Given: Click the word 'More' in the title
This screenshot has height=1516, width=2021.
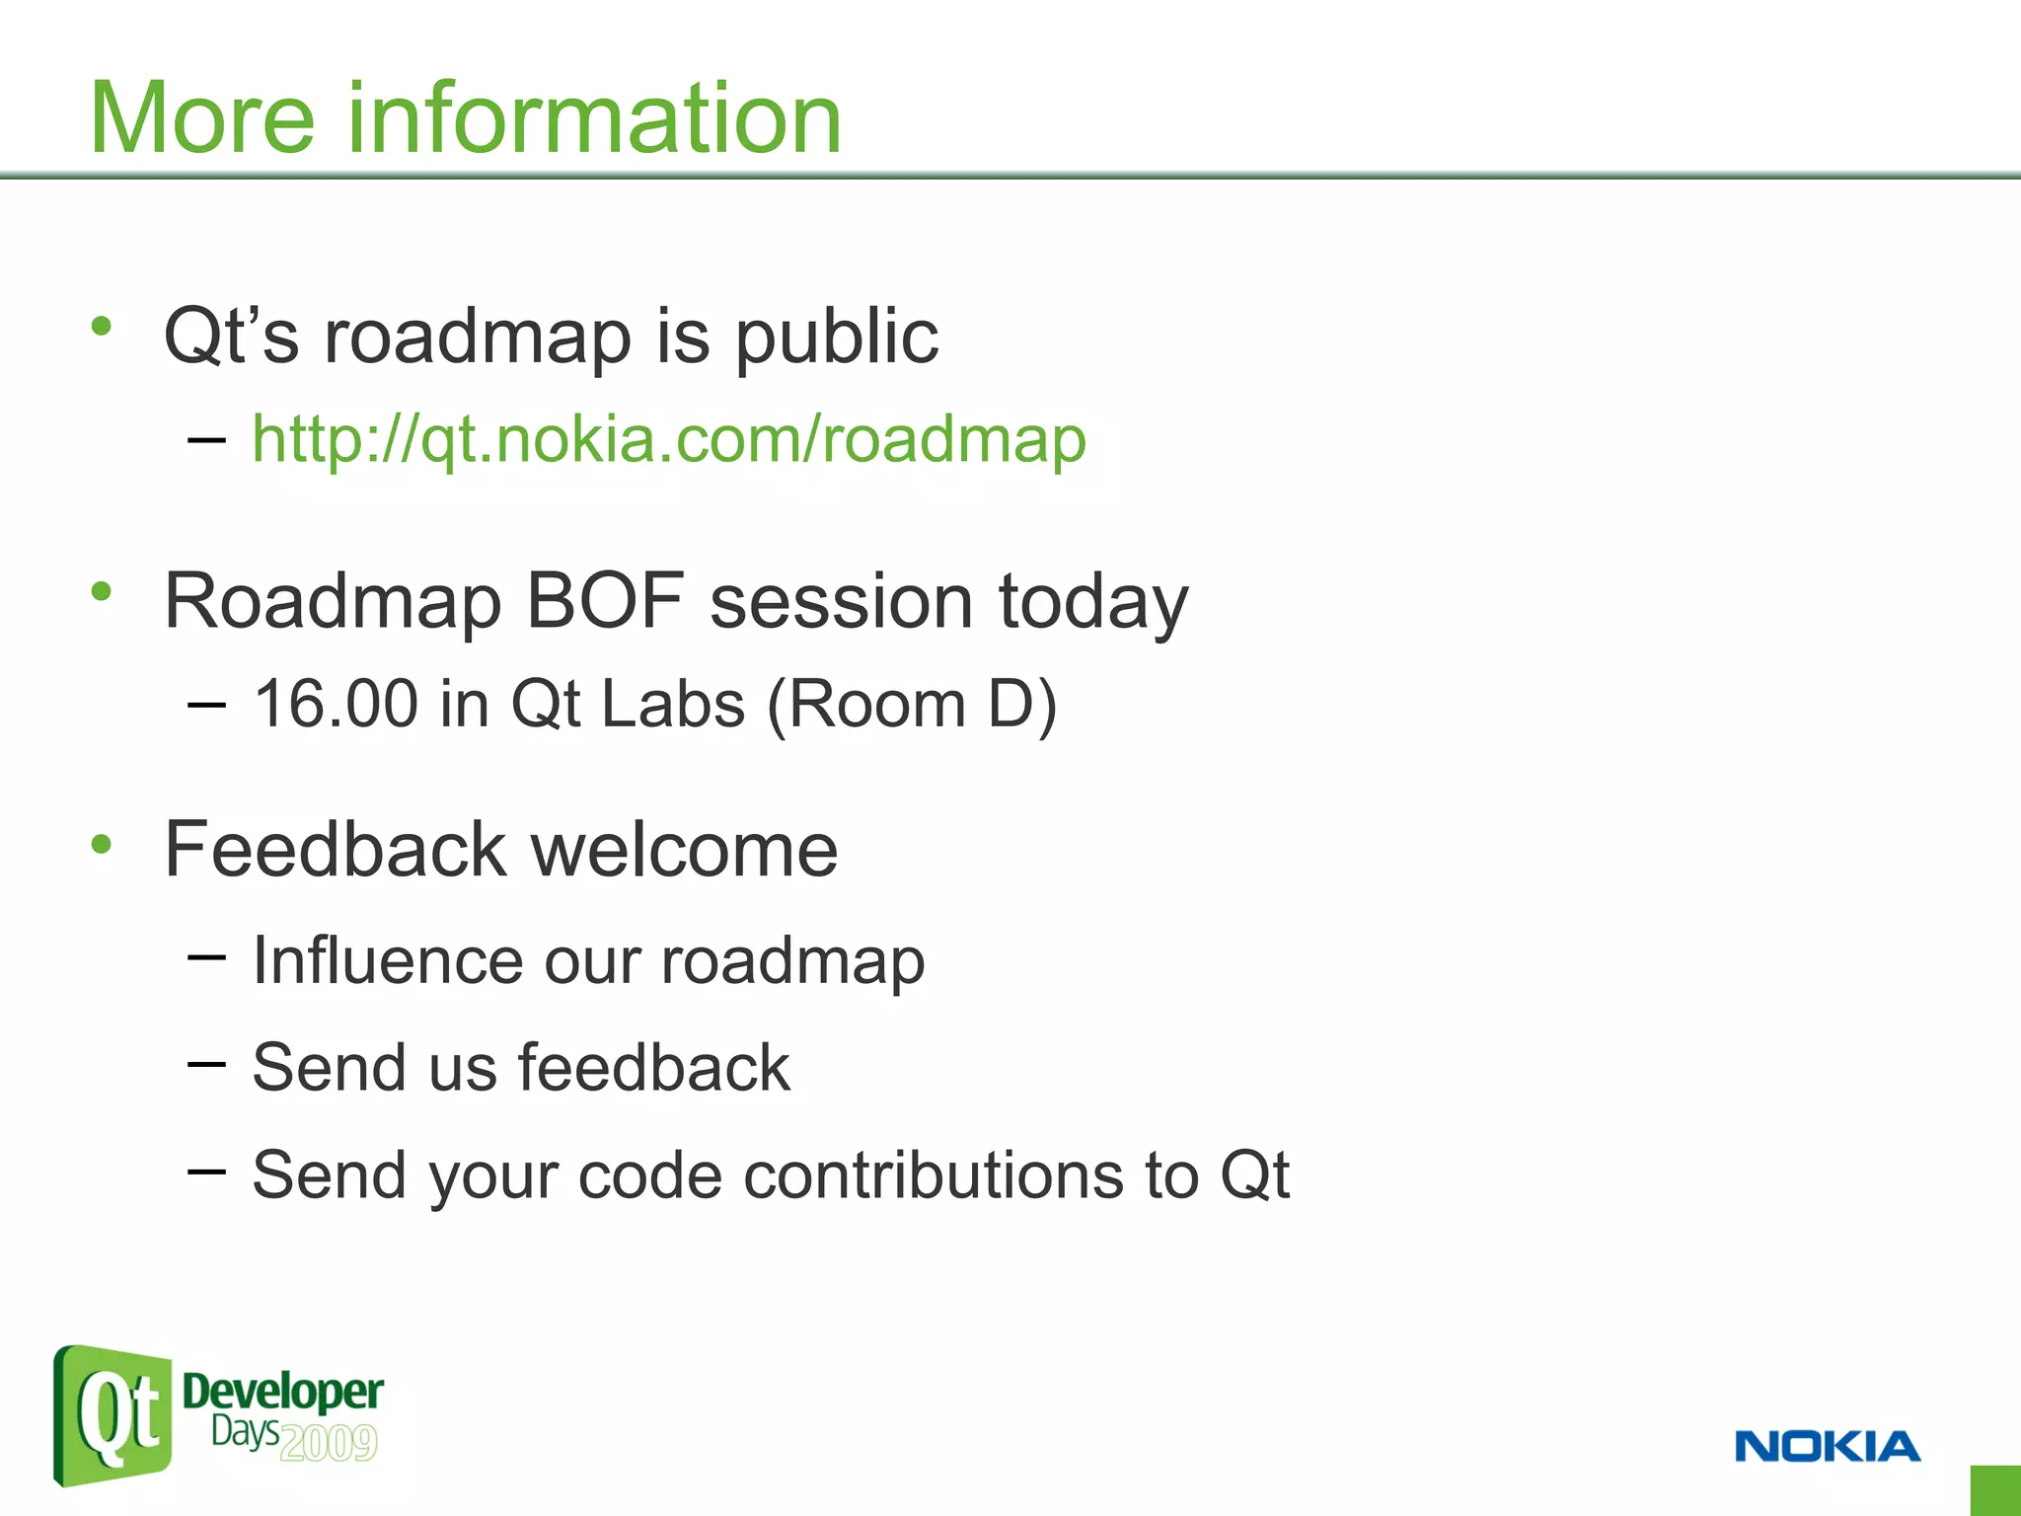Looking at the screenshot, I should tap(201, 118).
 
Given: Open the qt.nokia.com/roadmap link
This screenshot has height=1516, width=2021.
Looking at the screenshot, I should tap(669, 439).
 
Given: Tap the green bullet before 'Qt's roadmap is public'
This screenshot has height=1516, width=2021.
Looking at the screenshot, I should tap(101, 326).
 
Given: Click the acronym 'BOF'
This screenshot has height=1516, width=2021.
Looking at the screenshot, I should tap(605, 601).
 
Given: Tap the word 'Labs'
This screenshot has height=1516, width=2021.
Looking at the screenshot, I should tap(672, 705).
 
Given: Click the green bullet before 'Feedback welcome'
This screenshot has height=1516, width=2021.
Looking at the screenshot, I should tap(101, 844).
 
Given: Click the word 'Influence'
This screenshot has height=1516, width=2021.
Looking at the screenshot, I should tap(388, 960).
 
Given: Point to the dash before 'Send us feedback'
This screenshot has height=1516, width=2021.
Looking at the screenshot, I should tap(206, 1063).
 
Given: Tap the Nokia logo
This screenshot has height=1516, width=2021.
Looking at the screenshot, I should tap(1827, 1446).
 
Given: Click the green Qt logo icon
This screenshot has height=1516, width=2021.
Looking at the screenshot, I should tap(112, 1416).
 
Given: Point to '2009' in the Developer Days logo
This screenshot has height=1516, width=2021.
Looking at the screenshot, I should tap(329, 1443).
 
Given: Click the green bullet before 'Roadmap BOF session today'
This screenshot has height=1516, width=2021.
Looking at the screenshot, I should tap(101, 591).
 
